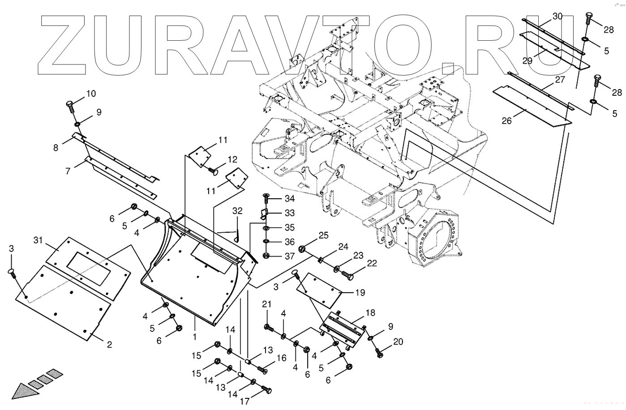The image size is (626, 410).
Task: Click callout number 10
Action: pyautogui.click(x=91, y=94)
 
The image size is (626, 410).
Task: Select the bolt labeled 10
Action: pyautogui.click(x=71, y=107)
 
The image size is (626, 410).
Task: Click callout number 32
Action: pyautogui.click(x=237, y=210)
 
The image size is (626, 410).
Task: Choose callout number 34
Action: pyautogui.click(x=290, y=199)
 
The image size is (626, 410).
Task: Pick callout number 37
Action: pyautogui.click(x=290, y=256)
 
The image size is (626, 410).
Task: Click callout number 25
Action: pyautogui.click(x=323, y=235)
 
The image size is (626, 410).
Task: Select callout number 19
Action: pyautogui.click(x=360, y=293)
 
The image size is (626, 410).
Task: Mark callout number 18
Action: pyautogui.click(x=370, y=313)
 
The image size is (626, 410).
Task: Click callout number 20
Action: pyautogui.click(x=398, y=342)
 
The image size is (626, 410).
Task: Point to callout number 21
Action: pyautogui.click(x=267, y=304)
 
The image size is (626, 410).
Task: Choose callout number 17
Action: pyautogui.click(x=244, y=401)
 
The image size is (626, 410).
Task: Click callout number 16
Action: pyautogui.click(x=281, y=358)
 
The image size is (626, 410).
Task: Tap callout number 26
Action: pyautogui.click(x=506, y=121)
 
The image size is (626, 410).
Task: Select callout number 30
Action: pyautogui.click(x=557, y=17)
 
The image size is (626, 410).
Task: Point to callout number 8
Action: pyautogui.click(x=56, y=148)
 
